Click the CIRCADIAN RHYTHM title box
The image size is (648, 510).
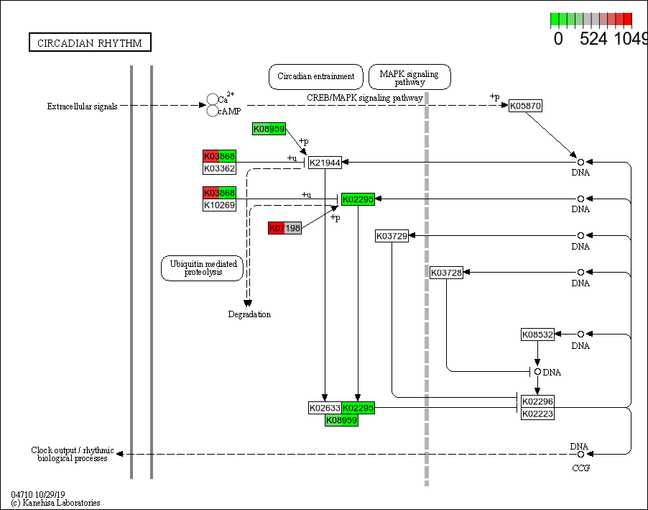pos(90,43)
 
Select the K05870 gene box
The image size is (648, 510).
pos(525,106)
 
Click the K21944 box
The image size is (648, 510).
pos(325,163)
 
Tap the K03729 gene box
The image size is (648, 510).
pos(392,236)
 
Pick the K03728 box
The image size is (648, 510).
pos(446,273)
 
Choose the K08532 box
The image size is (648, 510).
pos(537,334)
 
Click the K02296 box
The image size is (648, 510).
pos(537,401)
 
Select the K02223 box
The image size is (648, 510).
pos(537,414)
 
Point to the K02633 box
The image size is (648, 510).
pos(325,408)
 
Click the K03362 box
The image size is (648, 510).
pos(219,168)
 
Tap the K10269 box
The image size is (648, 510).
pos(219,205)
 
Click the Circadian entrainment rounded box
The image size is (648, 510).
pos(315,76)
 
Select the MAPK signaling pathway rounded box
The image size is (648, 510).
pos(409,76)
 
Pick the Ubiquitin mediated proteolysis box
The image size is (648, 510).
pos(202,268)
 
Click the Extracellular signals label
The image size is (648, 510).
pos(82,106)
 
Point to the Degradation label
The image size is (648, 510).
pos(249,314)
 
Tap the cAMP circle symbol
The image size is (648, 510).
pos(213,111)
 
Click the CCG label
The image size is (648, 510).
pos(580,468)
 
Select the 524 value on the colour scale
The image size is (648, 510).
pos(593,39)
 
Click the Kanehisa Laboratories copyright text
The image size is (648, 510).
pos(55,503)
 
